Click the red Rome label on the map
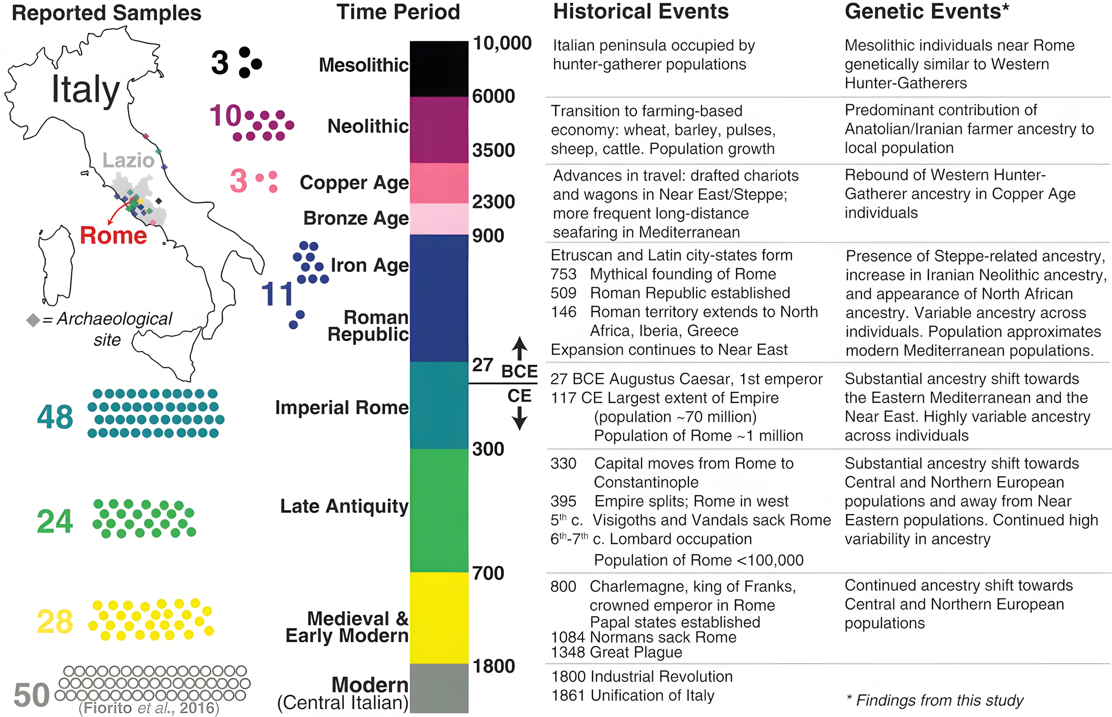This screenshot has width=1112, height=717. point(113,235)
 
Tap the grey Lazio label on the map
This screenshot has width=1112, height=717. point(128,160)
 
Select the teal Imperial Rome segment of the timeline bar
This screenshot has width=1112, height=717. point(439,405)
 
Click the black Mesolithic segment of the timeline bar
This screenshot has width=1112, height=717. point(439,69)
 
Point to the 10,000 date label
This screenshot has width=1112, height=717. point(502,43)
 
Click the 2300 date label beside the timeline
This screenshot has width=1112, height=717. point(493,201)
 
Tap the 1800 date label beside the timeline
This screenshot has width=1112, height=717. point(493,666)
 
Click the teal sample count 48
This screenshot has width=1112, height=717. point(55,417)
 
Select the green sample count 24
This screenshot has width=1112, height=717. point(55,521)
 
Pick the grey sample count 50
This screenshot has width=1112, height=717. point(32,695)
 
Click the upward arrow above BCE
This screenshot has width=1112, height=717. point(520,347)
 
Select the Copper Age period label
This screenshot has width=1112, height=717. point(354,183)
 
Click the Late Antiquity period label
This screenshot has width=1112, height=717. point(344,506)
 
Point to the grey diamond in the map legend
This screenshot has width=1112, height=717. point(33,320)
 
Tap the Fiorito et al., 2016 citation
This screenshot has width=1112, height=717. point(149,708)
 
